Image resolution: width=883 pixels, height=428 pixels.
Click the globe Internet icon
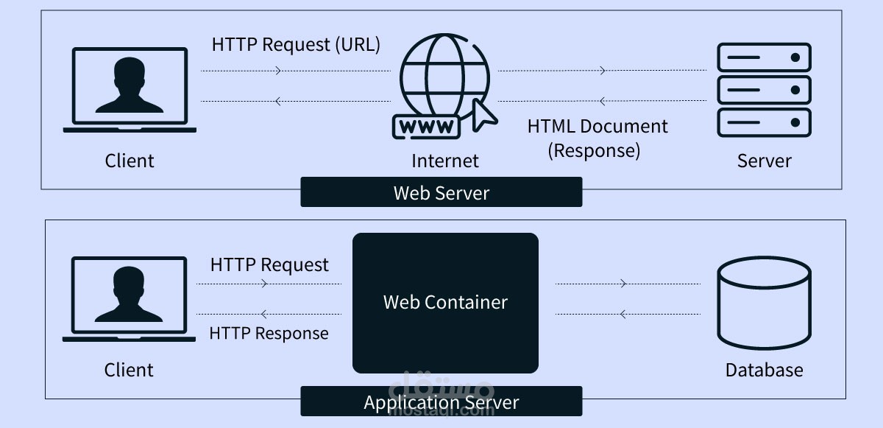(444, 76)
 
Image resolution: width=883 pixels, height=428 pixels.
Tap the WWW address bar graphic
(428, 127)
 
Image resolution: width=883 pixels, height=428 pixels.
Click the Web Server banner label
(441, 193)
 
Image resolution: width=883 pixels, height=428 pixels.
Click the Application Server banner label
(441, 402)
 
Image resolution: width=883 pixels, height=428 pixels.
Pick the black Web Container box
(445, 302)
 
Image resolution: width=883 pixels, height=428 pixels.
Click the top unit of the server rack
(764, 57)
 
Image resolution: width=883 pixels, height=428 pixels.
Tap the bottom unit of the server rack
(764, 122)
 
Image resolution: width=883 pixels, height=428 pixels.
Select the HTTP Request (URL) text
(296, 45)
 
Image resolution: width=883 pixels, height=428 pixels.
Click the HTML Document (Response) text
(597, 138)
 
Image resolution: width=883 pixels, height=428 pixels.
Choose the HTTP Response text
(269, 333)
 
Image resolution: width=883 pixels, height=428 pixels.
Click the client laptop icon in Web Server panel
(130, 90)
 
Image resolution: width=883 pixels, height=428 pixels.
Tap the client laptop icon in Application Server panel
(130, 298)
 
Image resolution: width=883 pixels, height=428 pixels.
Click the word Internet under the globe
(444, 161)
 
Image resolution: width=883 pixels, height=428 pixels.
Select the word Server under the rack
(764, 161)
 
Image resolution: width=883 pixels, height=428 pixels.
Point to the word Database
(764, 370)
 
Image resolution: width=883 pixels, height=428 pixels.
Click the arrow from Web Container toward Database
(624, 283)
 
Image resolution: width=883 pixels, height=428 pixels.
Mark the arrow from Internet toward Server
(603, 71)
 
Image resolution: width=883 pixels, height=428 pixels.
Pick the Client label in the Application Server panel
(130, 370)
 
